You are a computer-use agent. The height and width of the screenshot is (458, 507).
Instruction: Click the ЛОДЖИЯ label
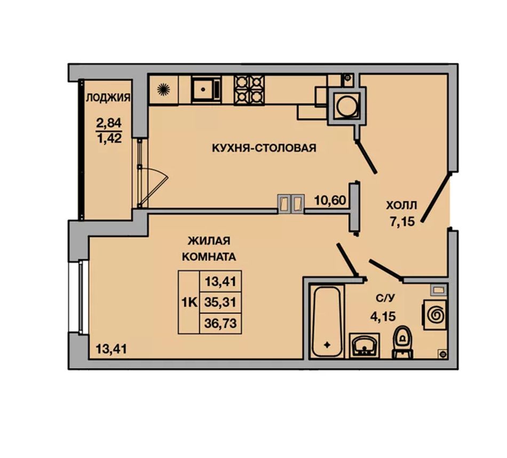108,97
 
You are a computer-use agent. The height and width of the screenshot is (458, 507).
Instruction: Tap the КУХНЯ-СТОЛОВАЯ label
264,148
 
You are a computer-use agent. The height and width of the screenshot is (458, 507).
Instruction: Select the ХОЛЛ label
401,205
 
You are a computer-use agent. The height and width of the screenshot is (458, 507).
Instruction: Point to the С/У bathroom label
385,298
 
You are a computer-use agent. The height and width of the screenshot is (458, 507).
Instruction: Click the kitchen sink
206,89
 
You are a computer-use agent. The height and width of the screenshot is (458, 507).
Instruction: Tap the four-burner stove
249,90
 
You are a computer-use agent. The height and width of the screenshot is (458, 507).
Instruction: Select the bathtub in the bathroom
327,321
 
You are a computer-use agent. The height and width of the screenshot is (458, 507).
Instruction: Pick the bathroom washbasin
365,345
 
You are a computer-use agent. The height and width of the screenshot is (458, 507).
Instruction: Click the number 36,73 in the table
220,323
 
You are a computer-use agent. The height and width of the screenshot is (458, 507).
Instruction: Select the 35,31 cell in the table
220,303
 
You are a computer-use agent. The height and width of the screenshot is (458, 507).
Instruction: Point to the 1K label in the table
189,303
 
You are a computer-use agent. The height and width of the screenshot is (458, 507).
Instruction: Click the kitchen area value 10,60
330,201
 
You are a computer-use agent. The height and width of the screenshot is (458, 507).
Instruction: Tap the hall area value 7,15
402,222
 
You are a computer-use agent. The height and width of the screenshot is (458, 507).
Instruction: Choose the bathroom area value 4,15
383,316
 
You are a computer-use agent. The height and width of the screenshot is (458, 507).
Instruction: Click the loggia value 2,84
109,123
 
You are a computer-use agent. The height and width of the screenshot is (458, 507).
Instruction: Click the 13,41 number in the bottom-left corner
111,349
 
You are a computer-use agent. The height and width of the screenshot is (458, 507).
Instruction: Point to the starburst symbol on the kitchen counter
163,90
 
